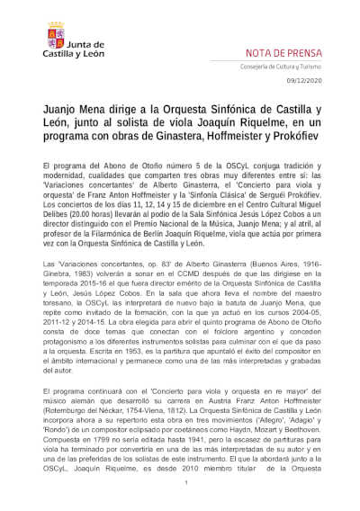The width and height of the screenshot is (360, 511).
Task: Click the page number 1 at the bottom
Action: click(184, 486)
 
